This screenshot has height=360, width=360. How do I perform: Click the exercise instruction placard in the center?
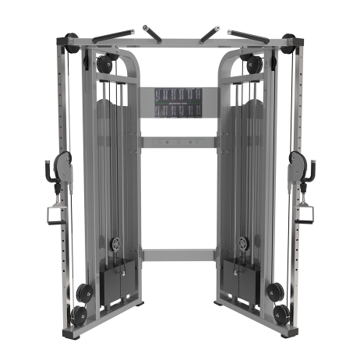click(179, 103)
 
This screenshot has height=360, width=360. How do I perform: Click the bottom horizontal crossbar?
click(179, 255)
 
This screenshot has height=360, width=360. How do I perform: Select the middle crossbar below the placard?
click(179, 143)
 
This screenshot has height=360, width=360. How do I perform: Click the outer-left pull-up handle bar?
click(112, 35)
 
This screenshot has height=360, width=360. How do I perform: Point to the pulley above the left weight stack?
click(115, 244)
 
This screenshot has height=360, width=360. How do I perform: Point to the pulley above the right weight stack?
click(244, 244)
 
